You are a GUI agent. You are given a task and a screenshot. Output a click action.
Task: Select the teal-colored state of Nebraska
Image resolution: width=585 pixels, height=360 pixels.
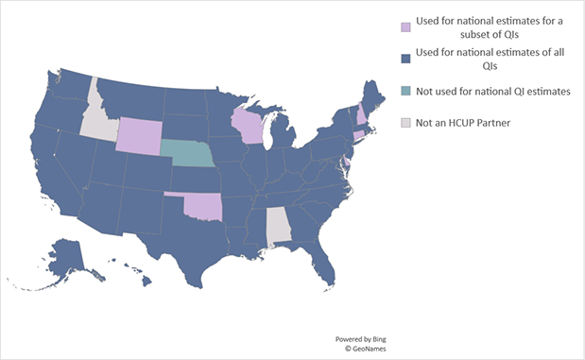coord(184,151)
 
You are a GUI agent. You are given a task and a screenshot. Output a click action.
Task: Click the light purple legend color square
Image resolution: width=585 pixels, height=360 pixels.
coord(405,26)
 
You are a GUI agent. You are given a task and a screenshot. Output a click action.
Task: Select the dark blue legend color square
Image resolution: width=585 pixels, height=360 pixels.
coord(405,59)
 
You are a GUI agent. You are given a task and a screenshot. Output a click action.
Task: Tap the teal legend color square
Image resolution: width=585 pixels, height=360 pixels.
coord(405,91)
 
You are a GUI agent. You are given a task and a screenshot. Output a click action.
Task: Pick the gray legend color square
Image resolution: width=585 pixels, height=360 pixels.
coord(405,122)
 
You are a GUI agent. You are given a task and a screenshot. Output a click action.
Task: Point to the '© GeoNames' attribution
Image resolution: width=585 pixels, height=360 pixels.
coord(355,348)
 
